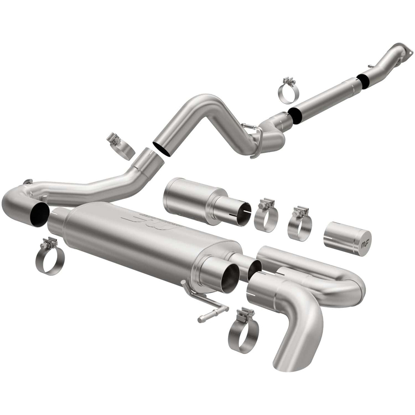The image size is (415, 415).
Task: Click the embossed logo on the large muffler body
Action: click(x=137, y=224)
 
